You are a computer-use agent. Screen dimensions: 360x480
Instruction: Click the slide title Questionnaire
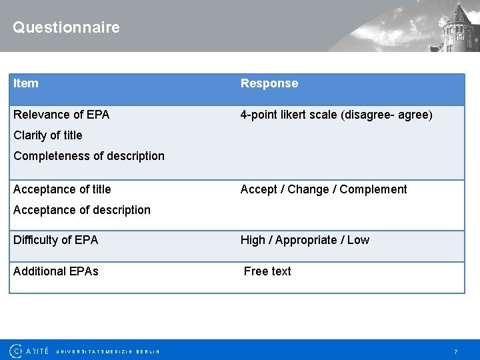pos(66,27)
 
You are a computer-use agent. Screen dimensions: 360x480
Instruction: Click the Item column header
pos(26,83)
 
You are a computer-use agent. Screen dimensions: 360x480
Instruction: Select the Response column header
pos(269,83)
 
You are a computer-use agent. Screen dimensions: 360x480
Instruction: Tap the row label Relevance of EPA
pos(61,115)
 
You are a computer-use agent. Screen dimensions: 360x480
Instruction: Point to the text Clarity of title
pos(48,135)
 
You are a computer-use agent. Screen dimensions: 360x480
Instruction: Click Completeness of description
pos(89,156)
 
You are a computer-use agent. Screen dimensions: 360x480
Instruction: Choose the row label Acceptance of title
pos(62,189)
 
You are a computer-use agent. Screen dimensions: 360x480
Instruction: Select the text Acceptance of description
pos(82,210)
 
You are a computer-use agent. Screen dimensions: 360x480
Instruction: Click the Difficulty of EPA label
pos(55,240)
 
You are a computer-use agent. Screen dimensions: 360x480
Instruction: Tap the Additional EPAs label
pos(56,271)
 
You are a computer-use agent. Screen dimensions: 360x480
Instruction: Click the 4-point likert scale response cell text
pos(336,115)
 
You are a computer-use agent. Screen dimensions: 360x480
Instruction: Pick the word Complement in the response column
pos(373,189)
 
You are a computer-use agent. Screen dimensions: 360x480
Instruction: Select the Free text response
pos(267,271)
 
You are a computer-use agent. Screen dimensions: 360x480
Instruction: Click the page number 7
pos(456,351)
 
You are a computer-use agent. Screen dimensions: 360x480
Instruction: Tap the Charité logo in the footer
pos(29,351)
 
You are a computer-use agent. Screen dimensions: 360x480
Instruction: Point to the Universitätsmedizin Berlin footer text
pos(108,351)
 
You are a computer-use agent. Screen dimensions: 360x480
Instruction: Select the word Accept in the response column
pos(259,189)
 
